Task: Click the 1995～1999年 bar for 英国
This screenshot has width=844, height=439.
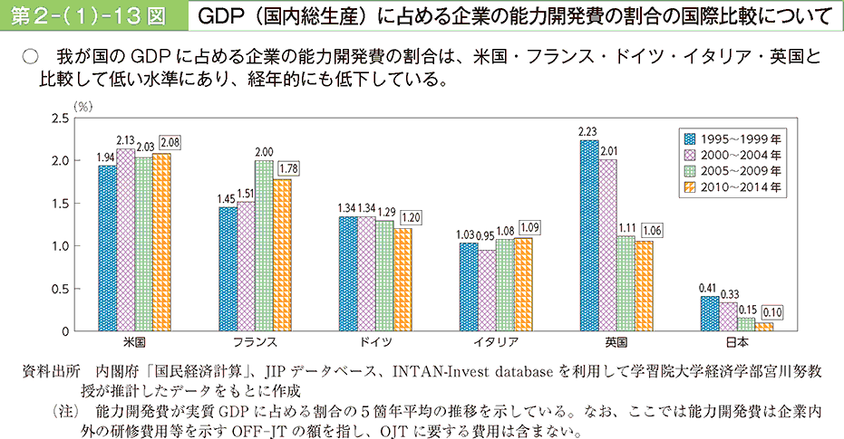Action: tap(588, 236)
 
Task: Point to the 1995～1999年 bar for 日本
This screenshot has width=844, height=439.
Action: tap(709, 313)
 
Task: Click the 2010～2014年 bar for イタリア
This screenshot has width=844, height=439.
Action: tap(523, 285)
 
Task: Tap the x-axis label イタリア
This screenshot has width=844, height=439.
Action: tap(496, 343)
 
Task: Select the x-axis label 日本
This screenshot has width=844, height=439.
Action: tap(736, 343)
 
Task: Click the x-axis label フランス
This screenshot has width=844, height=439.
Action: tap(255, 343)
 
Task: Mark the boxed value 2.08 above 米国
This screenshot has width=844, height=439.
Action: tap(169, 142)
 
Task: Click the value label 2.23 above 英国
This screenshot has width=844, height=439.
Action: tap(587, 131)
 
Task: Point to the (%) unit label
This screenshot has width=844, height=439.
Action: tap(83, 106)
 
